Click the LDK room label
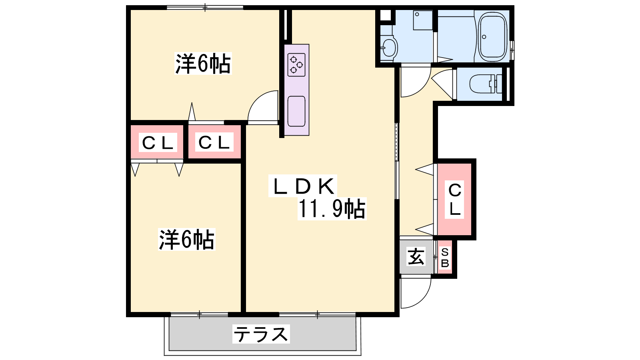tap(304, 186)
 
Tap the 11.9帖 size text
tap(332, 209)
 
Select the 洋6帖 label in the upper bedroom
tap(203, 64)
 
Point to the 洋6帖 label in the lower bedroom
tap(186, 240)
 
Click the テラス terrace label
tap(261, 334)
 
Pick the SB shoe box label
tap(445, 258)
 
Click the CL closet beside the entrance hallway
tap(455, 200)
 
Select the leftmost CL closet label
tap(158, 142)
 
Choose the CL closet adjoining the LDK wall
tap(214, 142)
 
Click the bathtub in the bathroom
tap(493, 36)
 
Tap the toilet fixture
tap(486, 84)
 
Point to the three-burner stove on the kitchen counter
tap(296, 65)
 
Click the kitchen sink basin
tap(296, 112)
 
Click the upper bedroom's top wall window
tap(205, 8)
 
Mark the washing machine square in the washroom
tap(423, 20)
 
